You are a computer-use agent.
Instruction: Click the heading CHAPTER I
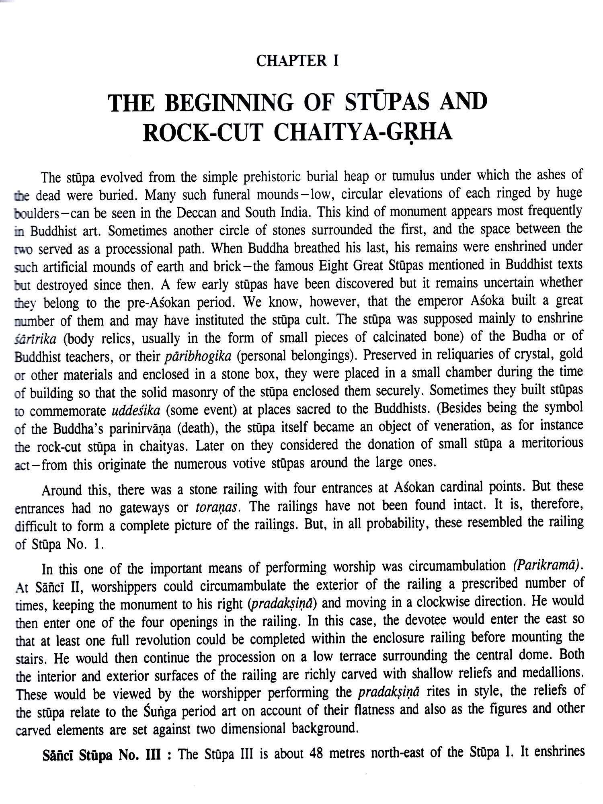pos(297,61)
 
